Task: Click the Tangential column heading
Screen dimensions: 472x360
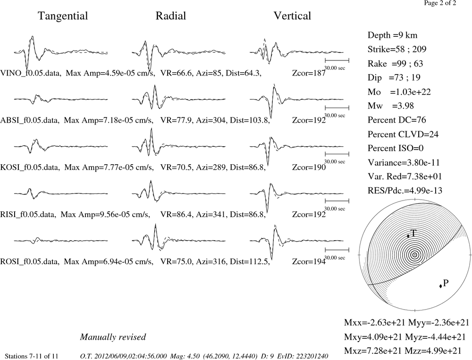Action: click(63, 16)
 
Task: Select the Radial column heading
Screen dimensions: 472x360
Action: click(171, 16)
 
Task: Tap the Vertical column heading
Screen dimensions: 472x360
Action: click(292, 16)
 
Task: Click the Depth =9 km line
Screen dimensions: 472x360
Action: click(392, 35)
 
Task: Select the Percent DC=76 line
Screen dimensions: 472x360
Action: click(397, 120)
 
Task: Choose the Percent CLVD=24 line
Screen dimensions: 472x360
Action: click(403, 134)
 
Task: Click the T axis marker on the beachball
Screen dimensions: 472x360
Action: click(408, 236)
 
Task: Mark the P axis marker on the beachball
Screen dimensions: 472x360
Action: click(441, 286)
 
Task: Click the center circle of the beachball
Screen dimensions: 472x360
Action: click(415, 255)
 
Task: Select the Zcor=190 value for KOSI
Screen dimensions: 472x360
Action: click(309, 167)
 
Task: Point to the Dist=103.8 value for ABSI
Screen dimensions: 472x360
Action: click(250, 120)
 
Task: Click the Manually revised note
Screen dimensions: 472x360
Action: click(113, 337)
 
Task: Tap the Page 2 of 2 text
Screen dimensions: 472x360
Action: click(440, 3)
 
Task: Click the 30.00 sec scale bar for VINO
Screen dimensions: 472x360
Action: click(337, 60)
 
